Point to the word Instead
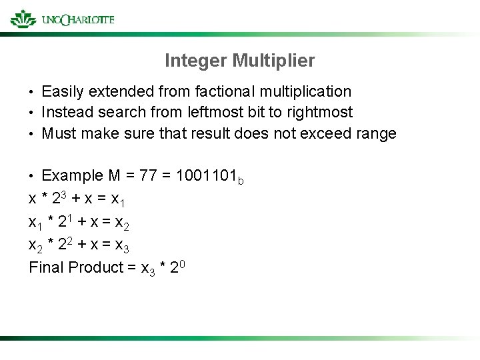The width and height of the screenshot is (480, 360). pyautogui.click(x=65, y=112)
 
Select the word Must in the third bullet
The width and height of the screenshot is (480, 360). pyautogui.click(x=57, y=133)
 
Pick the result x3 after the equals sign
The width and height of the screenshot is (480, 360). pyautogui.click(x=122, y=247)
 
